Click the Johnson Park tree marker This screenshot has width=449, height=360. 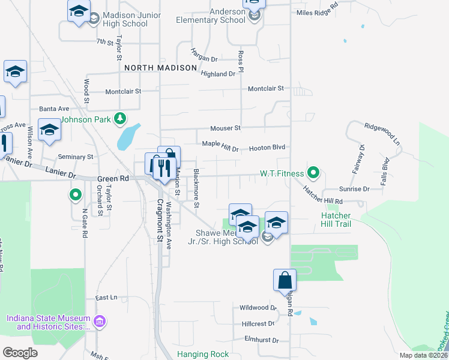coord(121,118)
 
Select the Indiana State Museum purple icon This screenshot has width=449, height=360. coord(100,322)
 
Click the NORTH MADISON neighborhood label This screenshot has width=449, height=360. coord(161,68)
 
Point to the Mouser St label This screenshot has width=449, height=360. coord(225,128)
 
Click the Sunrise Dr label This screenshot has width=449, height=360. coord(354,188)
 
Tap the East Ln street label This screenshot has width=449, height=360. coord(106,298)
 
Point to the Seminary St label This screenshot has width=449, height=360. coord(76,157)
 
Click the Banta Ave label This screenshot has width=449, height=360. coord(54,109)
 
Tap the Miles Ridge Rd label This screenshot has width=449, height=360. coord(318,12)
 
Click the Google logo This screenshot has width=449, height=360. coord(20,353)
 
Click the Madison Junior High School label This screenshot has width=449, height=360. coord(125,19)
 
